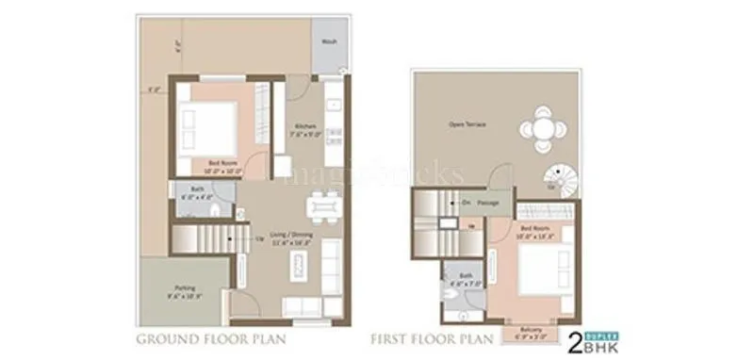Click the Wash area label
329,42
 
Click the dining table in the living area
321,204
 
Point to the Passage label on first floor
486,202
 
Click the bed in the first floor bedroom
540,271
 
